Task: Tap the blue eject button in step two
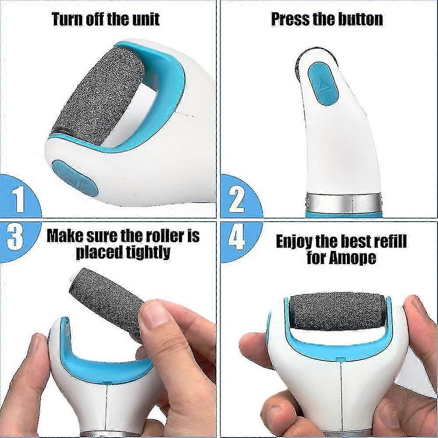click(x=323, y=84)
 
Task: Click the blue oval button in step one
click(x=74, y=178)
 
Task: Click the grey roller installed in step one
click(x=98, y=96)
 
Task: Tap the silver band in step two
click(x=343, y=202)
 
